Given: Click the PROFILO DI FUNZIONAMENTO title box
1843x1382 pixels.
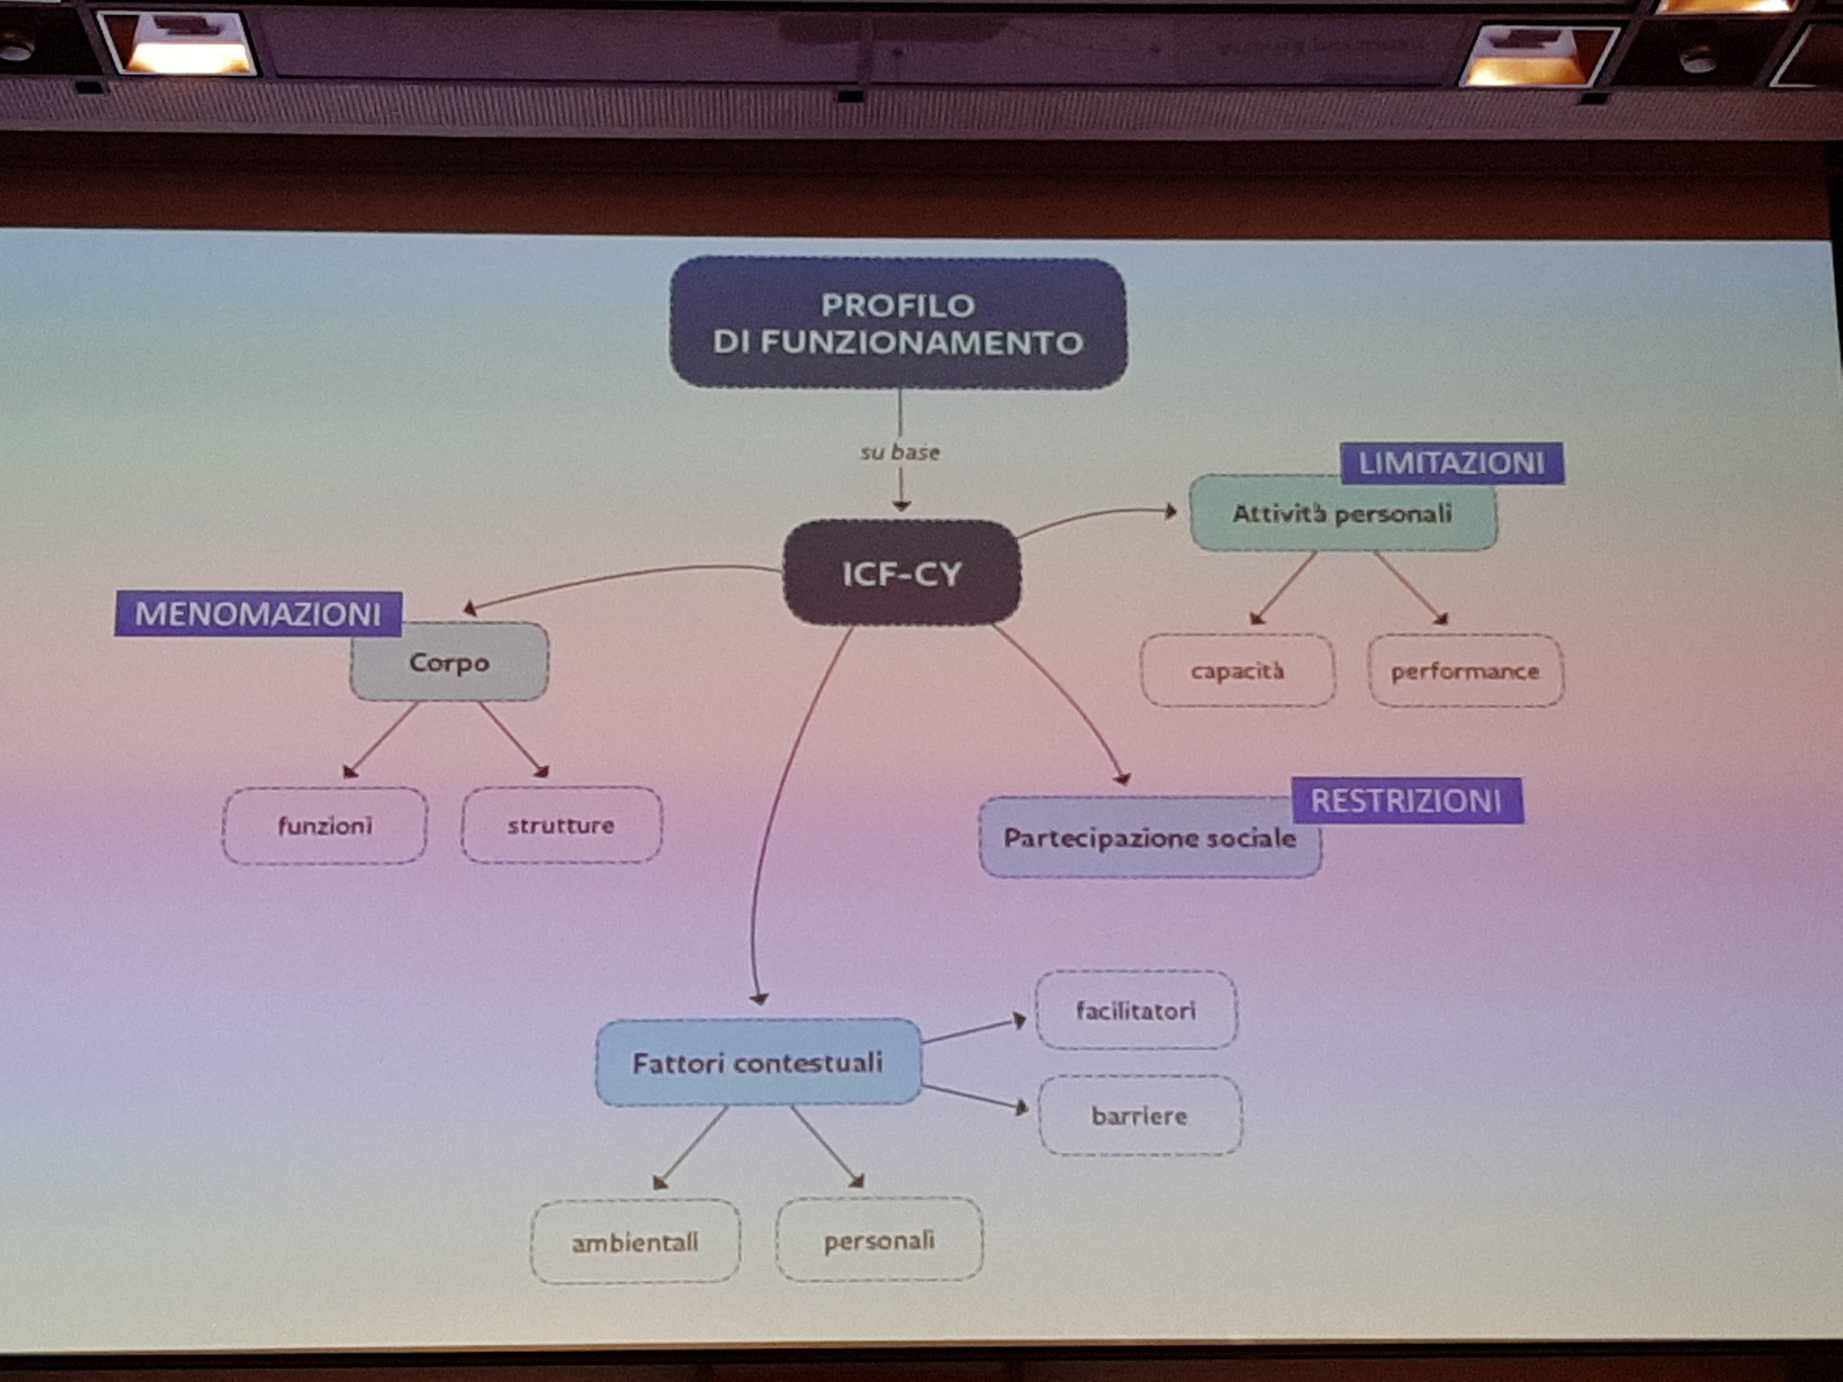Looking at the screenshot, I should click(898, 323).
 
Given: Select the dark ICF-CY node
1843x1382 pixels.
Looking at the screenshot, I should click(901, 573).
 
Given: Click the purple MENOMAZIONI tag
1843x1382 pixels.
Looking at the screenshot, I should click(258, 614).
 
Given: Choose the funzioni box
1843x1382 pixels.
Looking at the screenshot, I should click(325, 825).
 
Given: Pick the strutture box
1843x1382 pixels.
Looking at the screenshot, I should click(562, 825).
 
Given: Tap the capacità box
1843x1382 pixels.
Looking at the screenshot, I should click(1237, 670).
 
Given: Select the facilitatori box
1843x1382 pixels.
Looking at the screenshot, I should click(1135, 1010).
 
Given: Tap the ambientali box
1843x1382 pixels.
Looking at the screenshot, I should click(635, 1242).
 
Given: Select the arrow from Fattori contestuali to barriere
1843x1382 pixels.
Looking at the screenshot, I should click(975, 1097).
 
